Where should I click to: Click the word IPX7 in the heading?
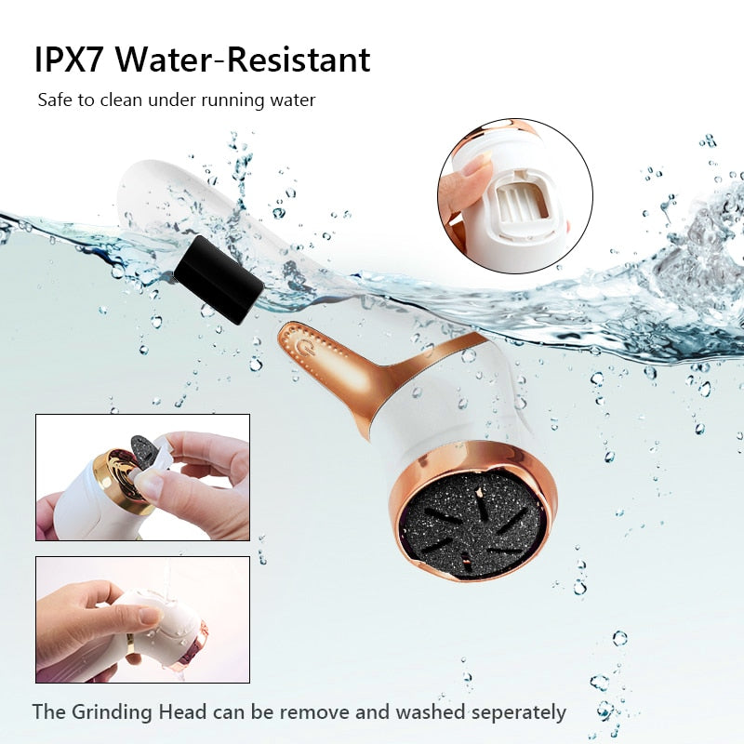click(68, 60)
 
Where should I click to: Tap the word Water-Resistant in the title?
click(243, 60)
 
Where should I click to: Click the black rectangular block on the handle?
click(219, 279)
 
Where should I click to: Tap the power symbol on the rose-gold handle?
click(303, 347)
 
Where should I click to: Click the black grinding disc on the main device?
click(473, 524)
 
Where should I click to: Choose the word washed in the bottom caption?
click(431, 711)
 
